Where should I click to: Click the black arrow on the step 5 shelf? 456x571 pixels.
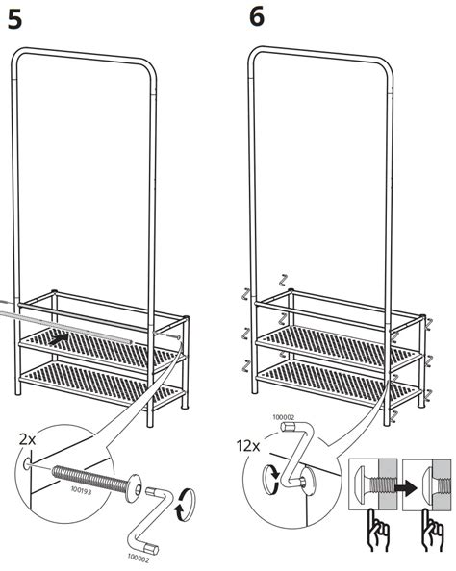point(60,338)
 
